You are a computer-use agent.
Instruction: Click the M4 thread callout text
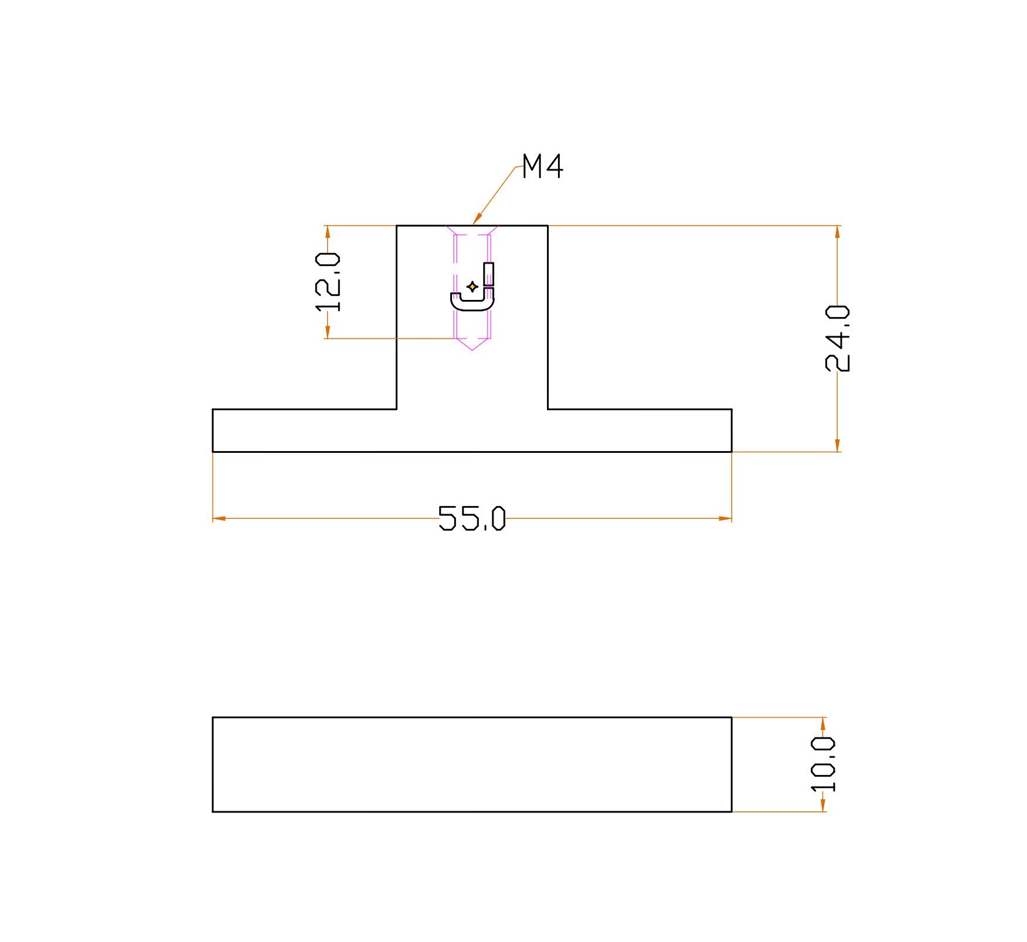tap(542, 166)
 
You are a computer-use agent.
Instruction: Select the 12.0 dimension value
tap(328, 282)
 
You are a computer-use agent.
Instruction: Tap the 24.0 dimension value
tap(837, 339)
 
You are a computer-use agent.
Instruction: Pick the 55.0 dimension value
tap(472, 518)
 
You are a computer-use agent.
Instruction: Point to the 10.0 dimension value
tap(823, 764)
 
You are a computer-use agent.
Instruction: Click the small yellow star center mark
tap(472, 286)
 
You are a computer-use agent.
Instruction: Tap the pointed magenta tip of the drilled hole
tap(472, 350)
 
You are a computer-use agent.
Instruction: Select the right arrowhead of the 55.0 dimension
tap(725, 518)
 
